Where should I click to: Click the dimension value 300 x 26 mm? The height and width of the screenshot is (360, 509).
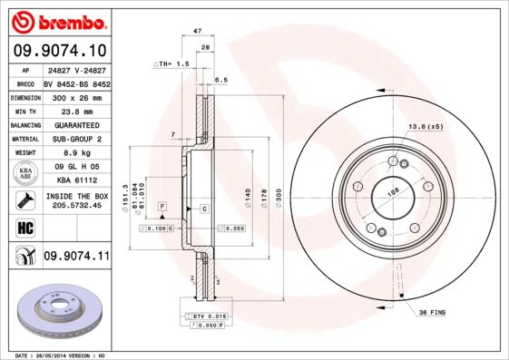coord(75,96)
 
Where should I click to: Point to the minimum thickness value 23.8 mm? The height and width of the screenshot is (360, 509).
coord(75,111)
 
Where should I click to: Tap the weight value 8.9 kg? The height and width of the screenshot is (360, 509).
coord(75,153)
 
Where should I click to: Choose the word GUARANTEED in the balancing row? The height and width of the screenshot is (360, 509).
coord(75,125)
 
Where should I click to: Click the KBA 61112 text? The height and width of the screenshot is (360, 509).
coord(75,181)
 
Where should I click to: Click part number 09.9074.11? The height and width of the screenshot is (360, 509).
coord(75,257)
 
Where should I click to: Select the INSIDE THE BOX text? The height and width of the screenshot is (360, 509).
coord(76,197)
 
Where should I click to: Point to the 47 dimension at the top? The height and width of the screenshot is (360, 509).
coord(197,32)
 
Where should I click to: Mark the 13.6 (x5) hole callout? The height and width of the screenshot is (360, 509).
coord(425,125)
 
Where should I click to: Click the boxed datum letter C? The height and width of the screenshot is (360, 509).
coord(205,209)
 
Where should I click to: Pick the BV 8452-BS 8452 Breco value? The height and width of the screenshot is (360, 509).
coord(76,82)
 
